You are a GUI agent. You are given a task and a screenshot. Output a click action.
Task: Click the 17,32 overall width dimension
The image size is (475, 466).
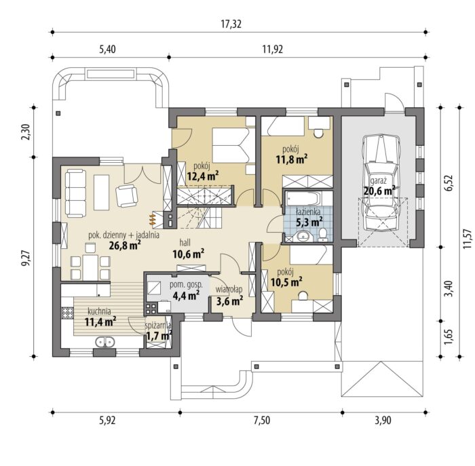pos(231,24)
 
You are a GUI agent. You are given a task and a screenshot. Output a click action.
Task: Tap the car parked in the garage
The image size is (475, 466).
pos(381,182)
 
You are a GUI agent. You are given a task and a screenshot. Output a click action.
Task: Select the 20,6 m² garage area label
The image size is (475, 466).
pos(379,191)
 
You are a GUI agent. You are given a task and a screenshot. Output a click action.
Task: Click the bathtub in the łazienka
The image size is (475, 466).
pos(303,198)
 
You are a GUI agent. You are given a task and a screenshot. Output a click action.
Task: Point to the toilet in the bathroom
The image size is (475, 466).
pos(323,235)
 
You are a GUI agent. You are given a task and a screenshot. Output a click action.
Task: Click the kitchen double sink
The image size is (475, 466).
pos(104,342)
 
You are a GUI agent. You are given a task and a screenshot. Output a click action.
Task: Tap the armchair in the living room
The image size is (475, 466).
pos(127,195)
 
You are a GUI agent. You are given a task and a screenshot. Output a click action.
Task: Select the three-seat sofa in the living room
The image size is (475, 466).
pos(76,193)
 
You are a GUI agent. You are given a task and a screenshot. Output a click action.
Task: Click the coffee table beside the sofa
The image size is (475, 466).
pos(102,193)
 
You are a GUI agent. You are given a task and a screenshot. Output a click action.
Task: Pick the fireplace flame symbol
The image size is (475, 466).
pos(153,218)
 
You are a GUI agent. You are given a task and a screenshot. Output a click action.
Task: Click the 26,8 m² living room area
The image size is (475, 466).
pos(125,245)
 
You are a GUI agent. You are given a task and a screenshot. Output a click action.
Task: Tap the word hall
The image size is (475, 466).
pos(185,242)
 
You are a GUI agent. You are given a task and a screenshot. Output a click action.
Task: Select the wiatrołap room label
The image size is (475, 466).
pos(229,290)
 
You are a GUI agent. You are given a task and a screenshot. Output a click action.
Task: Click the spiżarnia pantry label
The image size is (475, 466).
pos(158,326)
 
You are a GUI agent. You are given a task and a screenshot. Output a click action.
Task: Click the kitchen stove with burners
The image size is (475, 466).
pos(68,313)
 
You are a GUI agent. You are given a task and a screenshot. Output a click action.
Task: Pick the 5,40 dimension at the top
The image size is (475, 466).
pos(107,49)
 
